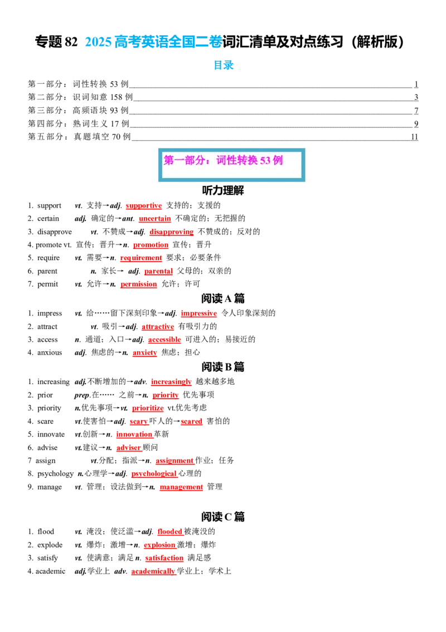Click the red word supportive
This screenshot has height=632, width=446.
pyautogui.click(x=144, y=205)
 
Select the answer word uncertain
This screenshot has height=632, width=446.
pyautogui.click(x=155, y=218)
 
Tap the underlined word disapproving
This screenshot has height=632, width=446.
pyautogui.click(x=172, y=232)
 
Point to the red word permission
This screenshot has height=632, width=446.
pyautogui.click(x=138, y=284)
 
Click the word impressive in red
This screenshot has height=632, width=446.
pyautogui.click(x=199, y=313)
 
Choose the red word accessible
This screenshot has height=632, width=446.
pyautogui.click(x=164, y=340)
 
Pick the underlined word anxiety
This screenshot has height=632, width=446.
pyautogui.click(x=144, y=353)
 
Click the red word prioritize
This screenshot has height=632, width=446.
pyautogui.click(x=148, y=408)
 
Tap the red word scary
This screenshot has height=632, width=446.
pyautogui.click(x=139, y=421)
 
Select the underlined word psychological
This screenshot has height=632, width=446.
pyautogui.click(x=154, y=473)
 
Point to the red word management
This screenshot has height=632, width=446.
pyautogui.click(x=181, y=487)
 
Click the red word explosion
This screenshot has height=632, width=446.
pyautogui.click(x=159, y=545)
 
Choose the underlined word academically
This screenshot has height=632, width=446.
pyautogui.click(x=153, y=571)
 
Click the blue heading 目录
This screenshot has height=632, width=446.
pyautogui.click(x=224, y=65)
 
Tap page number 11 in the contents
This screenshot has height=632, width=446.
pyautogui.click(x=415, y=137)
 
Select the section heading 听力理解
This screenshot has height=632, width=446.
pyautogui.click(x=223, y=190)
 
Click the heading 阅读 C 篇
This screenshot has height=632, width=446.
pyautogui.click(x=223, y=517)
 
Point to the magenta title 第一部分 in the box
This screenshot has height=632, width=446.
pyautogui.click(x=183, y=160)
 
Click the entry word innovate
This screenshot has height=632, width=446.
pyautogui.click(x=51, y=434)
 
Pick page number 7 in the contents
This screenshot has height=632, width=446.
pyautogui.click(x=416, y=111)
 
